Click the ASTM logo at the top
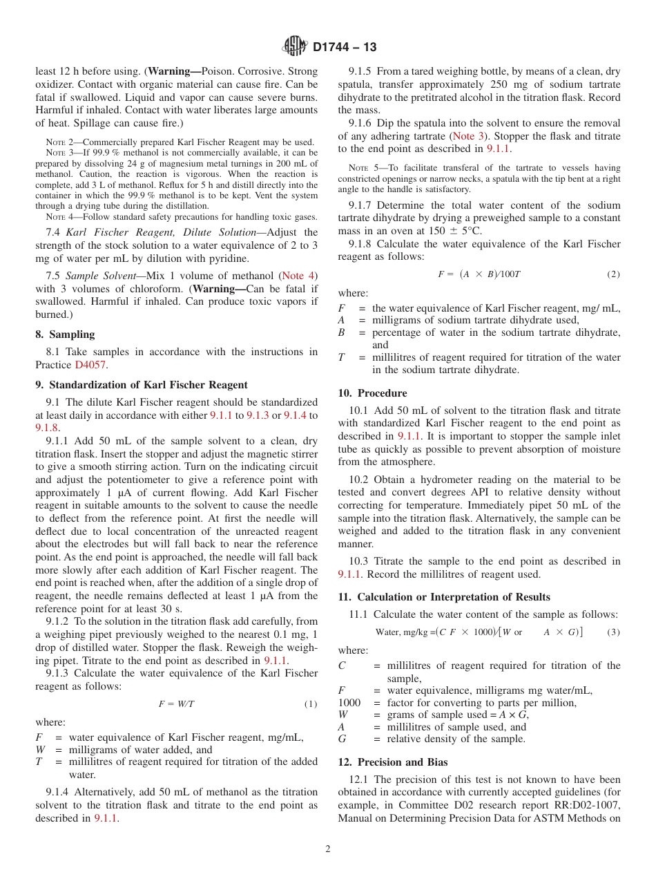[295, 47]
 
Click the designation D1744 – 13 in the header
[345, 48]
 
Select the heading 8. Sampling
[65, 334]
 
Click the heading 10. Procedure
[372, 393]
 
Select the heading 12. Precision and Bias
[392, 762]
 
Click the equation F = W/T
[176, 704]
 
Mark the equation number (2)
[613, 274]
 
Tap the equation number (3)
[613, 632]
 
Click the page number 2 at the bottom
[328, 849]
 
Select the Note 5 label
[358, 168]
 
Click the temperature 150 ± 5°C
[456, 231]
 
